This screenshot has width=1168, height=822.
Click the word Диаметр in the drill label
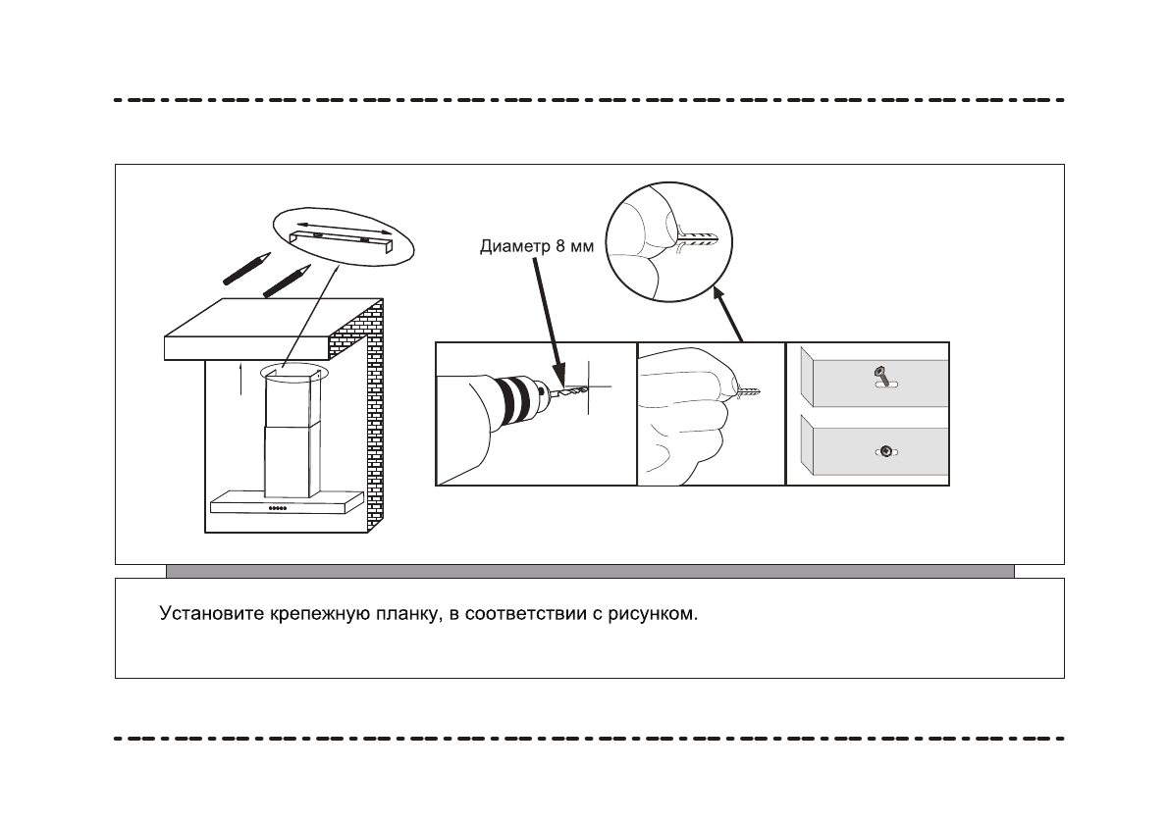tap(510, 247)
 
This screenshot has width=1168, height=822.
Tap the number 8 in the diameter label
tap(556, 247)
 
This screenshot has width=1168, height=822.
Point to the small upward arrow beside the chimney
tap(241, 379)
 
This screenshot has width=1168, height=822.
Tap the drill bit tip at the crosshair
tap(578, 389)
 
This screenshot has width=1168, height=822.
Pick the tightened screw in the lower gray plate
tap(885, 450)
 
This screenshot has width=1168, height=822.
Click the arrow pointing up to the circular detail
tap(729, 314)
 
